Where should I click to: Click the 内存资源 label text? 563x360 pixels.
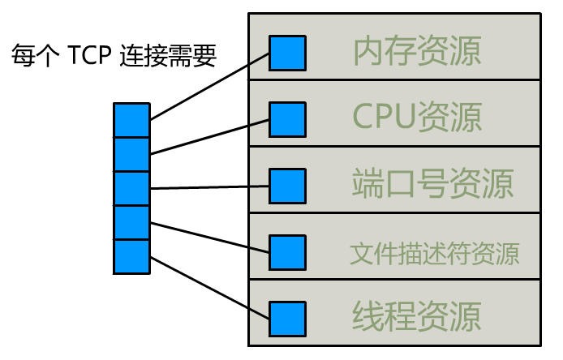coord(417,51)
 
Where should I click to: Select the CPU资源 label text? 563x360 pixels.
coord(417,118)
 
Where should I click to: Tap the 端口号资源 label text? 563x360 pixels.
coord(433,184)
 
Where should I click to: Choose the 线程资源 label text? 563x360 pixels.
coord(417,316)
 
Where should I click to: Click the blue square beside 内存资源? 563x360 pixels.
coord(287,52)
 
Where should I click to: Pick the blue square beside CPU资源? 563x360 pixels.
coord(287,119)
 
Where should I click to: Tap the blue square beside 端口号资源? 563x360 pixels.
coord(287,186)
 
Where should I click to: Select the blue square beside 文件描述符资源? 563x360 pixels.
coord(287,252)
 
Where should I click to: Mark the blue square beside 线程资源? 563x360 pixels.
coord(287,318)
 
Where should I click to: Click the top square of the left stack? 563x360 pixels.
coord(131,120)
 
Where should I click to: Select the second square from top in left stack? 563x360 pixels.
coord(131,154)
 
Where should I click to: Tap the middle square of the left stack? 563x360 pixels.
coord(131,188)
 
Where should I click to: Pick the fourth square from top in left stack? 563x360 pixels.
coord(131,222)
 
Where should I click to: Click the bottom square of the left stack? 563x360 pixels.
coord(131,256)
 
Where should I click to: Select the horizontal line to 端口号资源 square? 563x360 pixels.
coord(209,187)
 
